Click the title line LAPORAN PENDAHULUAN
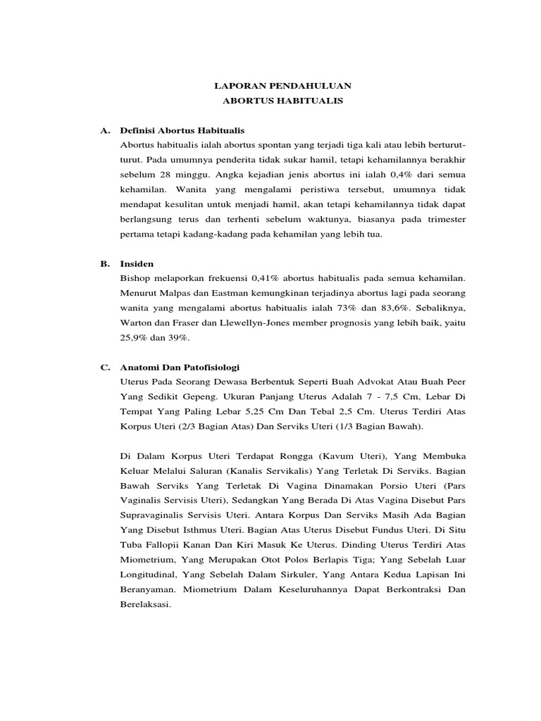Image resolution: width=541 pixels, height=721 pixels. pos(282,86)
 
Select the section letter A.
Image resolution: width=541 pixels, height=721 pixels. pos(105,130)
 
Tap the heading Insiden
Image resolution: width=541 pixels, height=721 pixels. pos(137,263)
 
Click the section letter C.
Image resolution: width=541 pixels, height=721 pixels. pos(105,367)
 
